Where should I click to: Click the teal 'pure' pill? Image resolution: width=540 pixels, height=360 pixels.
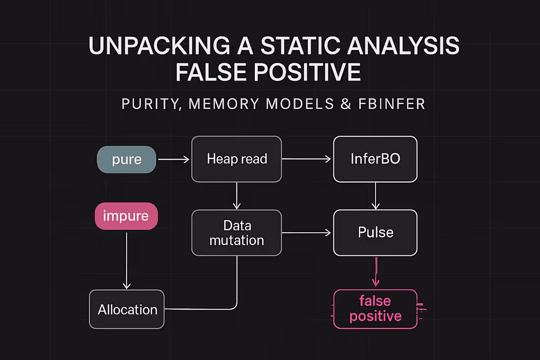click(x=126, y=160)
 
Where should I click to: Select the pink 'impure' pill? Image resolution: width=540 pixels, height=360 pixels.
click(x=126, y=216)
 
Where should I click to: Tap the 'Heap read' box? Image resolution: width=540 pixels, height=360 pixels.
click(x=237, y=159)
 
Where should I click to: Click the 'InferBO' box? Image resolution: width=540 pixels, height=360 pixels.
click(x=375, y=159)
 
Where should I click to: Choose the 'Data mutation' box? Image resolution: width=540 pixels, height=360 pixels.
click(x=237, y=233)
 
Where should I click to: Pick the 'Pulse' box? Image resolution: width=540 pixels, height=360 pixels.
click(x=375, y=233)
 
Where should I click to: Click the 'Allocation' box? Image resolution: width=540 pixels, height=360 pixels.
click(x=127, y=309)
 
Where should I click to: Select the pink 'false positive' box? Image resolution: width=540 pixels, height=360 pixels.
click(x=375, y=308)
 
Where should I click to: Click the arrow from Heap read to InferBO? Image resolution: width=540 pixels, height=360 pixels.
click(x=307, y=159)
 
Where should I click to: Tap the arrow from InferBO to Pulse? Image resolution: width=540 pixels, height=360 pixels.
click(x=375, y=195)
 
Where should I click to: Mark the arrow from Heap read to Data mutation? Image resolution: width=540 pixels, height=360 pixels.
click(x=237, y=195)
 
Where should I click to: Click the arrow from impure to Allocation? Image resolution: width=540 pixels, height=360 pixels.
click(x=127, y=260)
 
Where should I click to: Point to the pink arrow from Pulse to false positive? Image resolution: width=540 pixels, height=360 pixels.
click(x=376, y=272)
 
